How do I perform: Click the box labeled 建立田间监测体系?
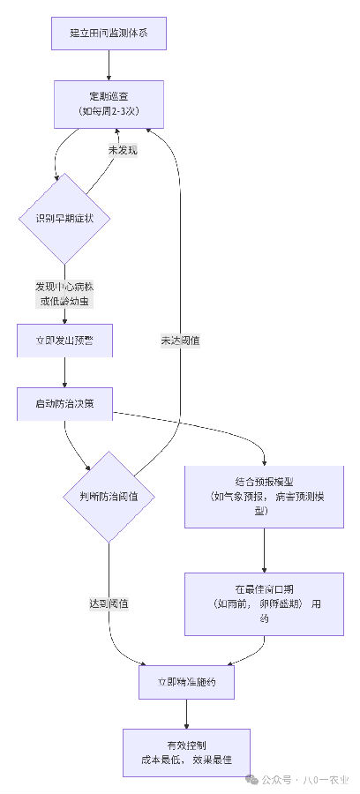click(x=109, y=33)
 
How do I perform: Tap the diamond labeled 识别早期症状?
click(x=64, y=218)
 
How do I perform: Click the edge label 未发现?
click(x=123, y=150)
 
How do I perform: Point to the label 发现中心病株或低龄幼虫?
click(x=64, y=294)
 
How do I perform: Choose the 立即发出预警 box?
click(x=64, y=341)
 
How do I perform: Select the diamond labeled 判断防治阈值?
click(x=109, y=497)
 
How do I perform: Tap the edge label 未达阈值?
click(x=179, y=340)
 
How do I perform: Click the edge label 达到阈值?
click(x=109, y=603)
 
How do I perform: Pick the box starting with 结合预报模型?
click(x=264, y=496)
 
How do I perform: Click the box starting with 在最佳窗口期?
click(x=264, y=604)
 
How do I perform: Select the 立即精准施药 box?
click(x=187, y=682)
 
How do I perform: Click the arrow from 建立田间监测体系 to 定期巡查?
click(x=109, y=65)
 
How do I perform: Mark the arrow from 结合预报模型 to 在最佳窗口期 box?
click(x=264, y=551)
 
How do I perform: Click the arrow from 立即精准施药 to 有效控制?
click(x=187, y=714)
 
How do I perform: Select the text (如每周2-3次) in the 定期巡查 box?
click(x=109, y=111)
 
